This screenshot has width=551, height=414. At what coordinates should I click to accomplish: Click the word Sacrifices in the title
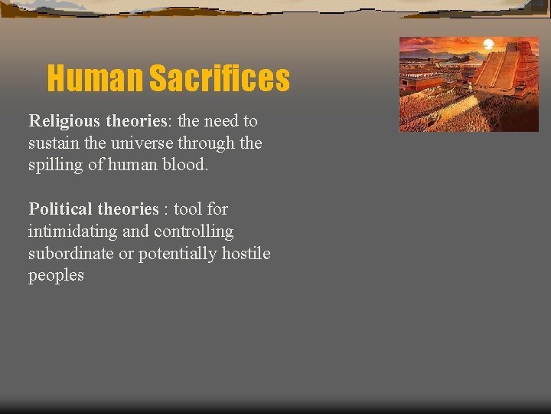click(219, 78)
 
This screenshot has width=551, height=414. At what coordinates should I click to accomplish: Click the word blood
click(186, 165)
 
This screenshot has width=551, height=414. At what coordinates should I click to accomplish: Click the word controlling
click(194, 232)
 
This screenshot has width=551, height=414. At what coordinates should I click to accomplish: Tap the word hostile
click(246, 254)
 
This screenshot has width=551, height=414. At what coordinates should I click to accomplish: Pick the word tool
click(189, 209)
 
